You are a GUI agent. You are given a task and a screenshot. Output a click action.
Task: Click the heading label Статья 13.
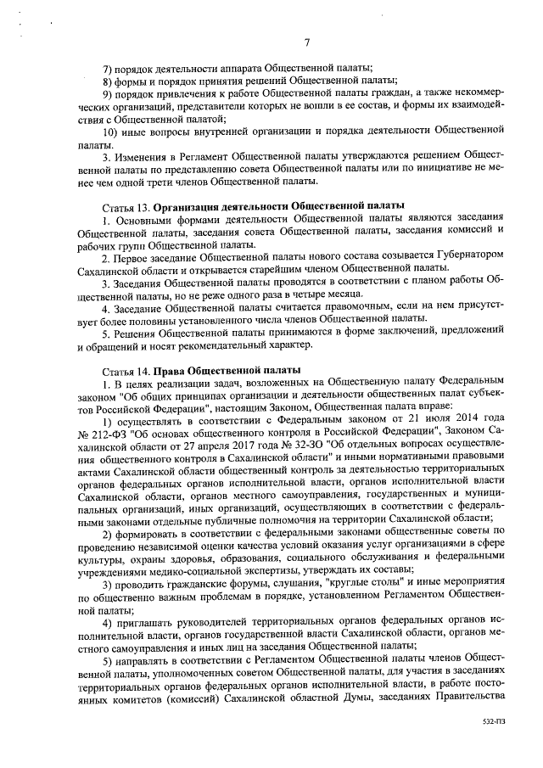tap(126, 206)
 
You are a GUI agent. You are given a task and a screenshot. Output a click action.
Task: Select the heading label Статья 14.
tap(126, 370)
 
